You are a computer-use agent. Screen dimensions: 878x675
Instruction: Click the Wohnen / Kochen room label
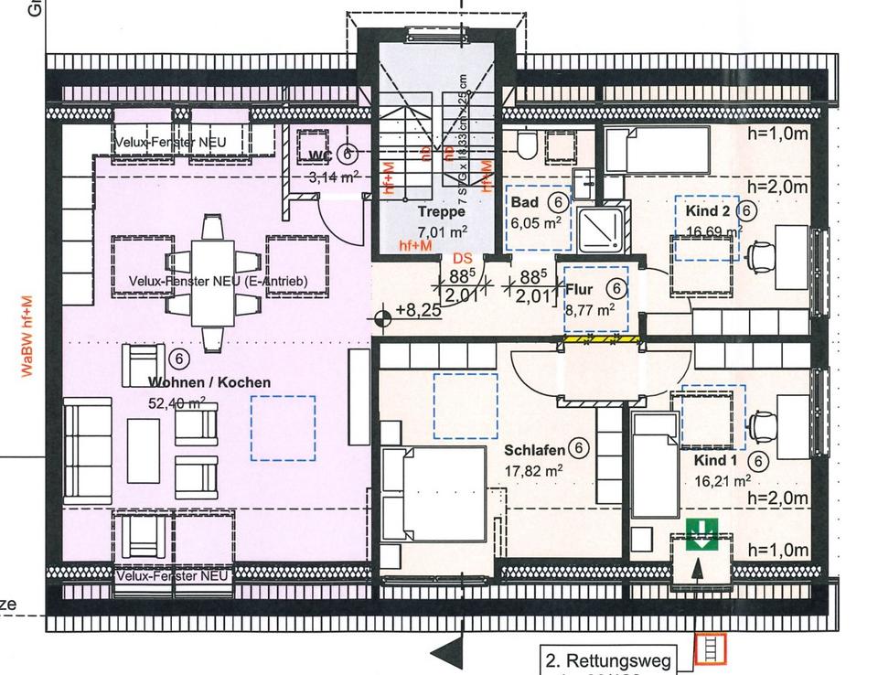tap(209, 382)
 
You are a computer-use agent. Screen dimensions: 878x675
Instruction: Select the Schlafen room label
tap(535, 450)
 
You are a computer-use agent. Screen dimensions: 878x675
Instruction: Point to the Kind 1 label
tap(715, 460)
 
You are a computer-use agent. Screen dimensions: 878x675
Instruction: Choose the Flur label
tap(580, 290)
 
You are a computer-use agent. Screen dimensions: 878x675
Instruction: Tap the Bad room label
tap(525, 202)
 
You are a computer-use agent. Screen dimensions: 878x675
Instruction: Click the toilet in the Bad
tap(526, 145)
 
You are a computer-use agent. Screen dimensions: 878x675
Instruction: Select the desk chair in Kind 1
tap(757, 426)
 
